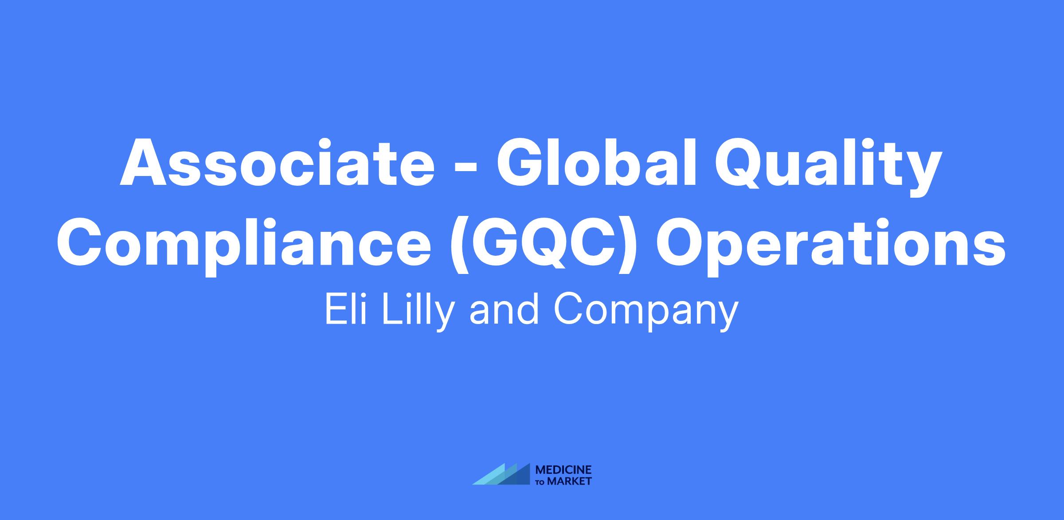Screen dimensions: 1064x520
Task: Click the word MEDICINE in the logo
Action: click(563, 470)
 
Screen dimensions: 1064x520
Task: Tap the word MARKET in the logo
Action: click(570, 481)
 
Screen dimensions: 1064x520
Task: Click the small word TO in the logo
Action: click(541, 482)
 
